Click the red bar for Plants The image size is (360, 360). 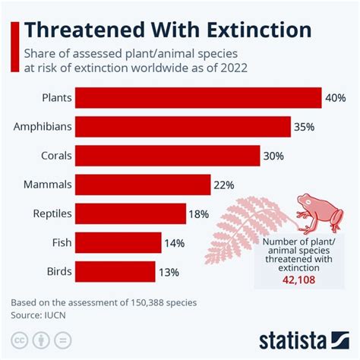tap(198, 97)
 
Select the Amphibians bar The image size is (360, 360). tap(183, 126)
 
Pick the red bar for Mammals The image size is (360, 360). tap(143, 184)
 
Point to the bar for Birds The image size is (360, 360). tap(115, 270)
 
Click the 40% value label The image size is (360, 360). tap(335, 98)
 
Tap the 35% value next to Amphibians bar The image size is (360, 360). tap(304, 127)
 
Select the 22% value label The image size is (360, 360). tap(224, 185)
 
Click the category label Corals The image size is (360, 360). tap(56, 156)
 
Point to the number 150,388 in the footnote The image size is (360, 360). tap(130, 302)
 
